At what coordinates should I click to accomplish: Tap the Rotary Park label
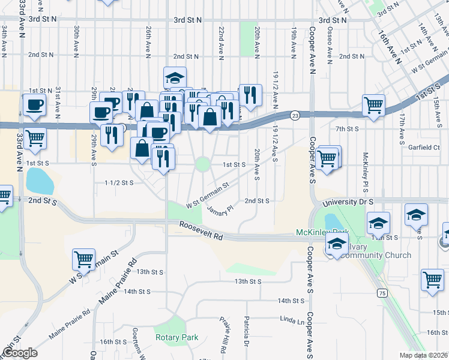(x=176, y=337)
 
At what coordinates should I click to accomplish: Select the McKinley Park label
(x=322, y=232)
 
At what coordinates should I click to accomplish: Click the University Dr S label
(x=348, y=203)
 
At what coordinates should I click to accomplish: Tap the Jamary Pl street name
(x=220, y=208)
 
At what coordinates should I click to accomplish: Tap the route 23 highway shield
(x=295, y=115)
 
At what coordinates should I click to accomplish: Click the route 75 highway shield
(x=382, y=292)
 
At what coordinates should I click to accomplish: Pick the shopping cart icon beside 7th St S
(x=374, y=106)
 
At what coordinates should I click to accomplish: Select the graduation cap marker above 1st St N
(x=175, y=77)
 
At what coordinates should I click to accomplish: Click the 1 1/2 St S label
(x=119, y=182)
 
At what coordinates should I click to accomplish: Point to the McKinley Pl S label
(x=364, y=168)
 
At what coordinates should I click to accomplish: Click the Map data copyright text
(x=424, y=355)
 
